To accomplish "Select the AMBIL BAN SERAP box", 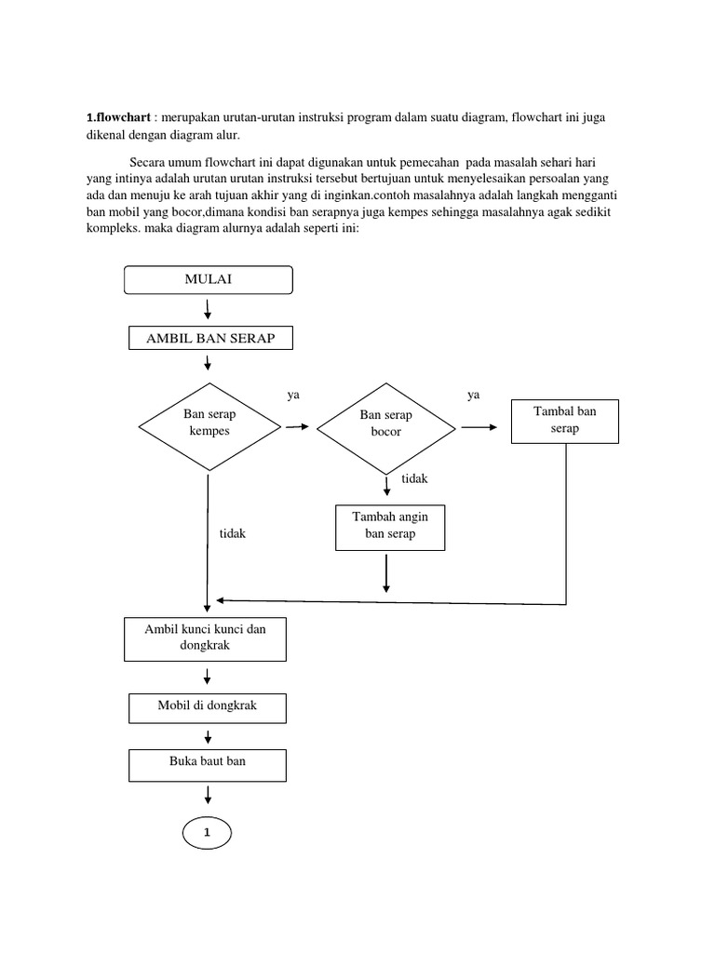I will pyautogui.click(x=210, y=338).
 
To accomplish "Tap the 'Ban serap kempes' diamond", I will pyautogui.click(x=209, y=424).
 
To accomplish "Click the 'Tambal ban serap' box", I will pyautogui.click(x=564, y=420).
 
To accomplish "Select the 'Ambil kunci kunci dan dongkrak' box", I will pyautogui.click(x=206, y=638).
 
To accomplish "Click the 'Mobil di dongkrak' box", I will pyautogui.click(x=207, y=706).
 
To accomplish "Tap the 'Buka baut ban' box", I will pyautogui.click(x=207, y=761).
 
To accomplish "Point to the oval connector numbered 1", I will pyautogui.click(x=207, y=834).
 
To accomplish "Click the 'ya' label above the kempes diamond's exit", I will pyautogui.click(x=293, y=395).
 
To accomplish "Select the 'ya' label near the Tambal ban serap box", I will pyautogui.click(x=473, y=395).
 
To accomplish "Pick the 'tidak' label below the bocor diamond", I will pyautogui.click(x=414, y=478).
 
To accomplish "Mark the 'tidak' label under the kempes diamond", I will pyautogui.click(x=232, y=534).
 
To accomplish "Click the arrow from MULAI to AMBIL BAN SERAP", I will pyautogui.click(x=208, y=309).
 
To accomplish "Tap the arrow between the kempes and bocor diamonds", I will pyautogui.click(x=298, y=426).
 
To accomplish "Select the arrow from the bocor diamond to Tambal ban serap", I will pyautogui.click(x=479, y=426).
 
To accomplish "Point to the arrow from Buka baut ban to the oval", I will pyautogui.click(x=208, y=793).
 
